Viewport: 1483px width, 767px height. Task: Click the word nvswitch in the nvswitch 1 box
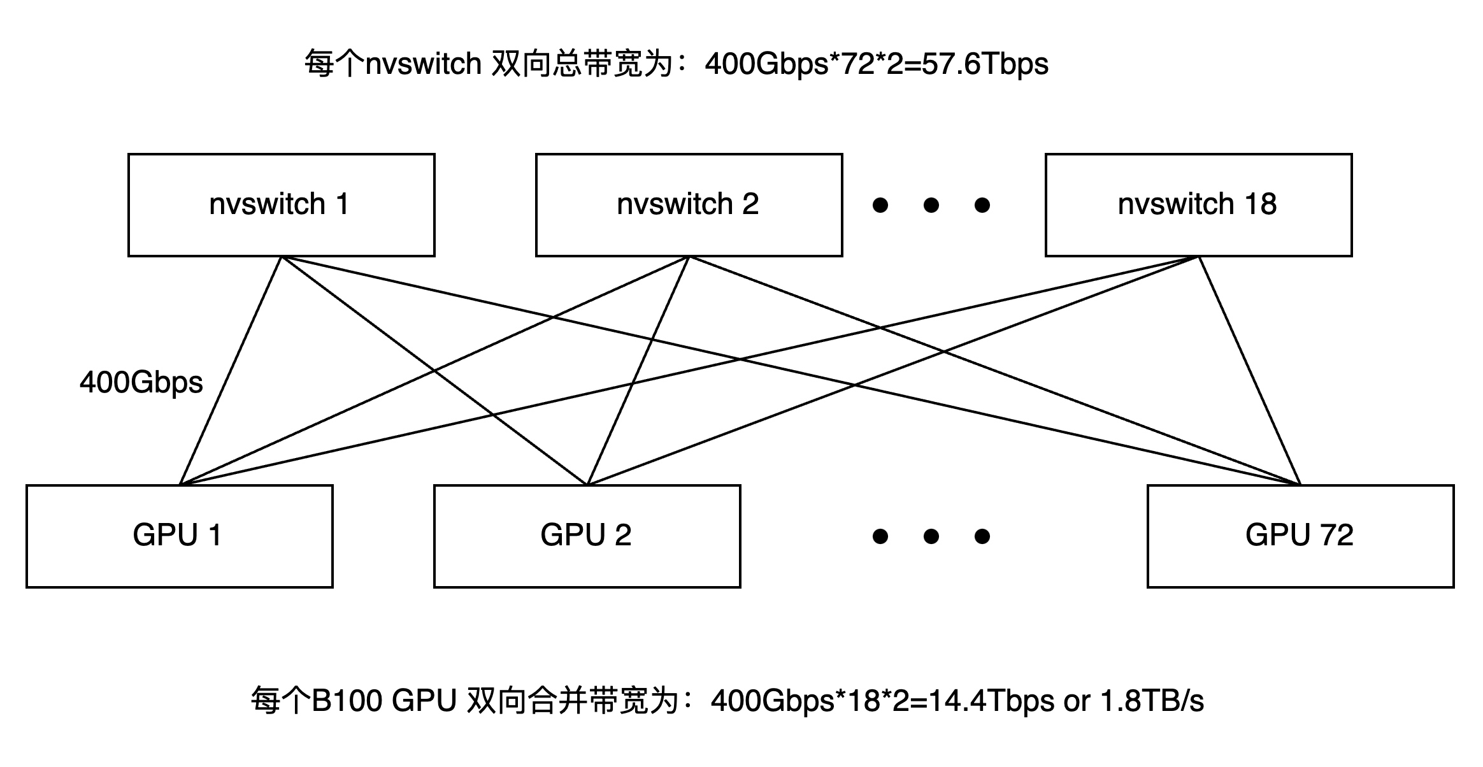pos(267,204)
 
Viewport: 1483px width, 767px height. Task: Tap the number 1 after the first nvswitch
pos(342,204)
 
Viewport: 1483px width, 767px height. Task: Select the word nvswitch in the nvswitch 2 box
pos(675,204)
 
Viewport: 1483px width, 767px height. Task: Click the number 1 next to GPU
pos(215,535)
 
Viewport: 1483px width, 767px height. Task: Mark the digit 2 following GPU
pos(622,535)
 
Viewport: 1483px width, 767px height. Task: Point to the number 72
pos(1336,535)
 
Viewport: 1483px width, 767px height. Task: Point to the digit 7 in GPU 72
pos(1327,535)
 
